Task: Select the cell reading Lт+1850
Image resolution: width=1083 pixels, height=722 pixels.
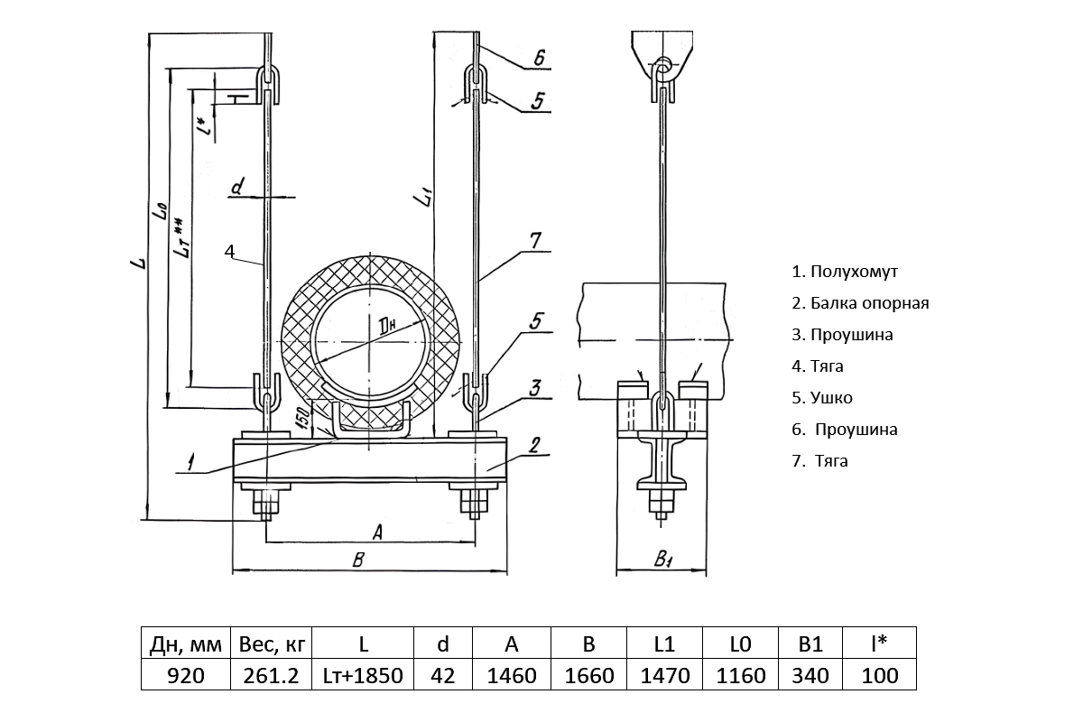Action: [364, 675]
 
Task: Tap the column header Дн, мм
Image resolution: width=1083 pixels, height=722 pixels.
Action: [185, 644]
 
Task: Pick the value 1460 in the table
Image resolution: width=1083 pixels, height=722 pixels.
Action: [512, 675]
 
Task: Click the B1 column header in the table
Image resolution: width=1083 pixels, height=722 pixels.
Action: [810, 644]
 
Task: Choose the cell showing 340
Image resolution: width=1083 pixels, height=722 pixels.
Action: [810, 675]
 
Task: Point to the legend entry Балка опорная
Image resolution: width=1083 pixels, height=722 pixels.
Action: [860, 303]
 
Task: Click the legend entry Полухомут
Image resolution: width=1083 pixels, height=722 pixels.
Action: [845, 272]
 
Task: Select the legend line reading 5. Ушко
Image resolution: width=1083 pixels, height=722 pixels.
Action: [822, 398]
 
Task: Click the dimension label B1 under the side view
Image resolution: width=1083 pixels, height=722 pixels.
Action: [662, 560]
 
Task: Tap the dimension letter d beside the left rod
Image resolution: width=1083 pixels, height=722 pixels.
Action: [237, 188]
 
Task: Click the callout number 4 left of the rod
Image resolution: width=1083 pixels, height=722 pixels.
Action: [229, 250]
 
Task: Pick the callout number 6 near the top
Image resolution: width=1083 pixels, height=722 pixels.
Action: [539, 59]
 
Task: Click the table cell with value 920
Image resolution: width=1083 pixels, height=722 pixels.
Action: [185, 675]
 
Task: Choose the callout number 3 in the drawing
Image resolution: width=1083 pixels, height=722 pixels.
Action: [535, 388]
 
